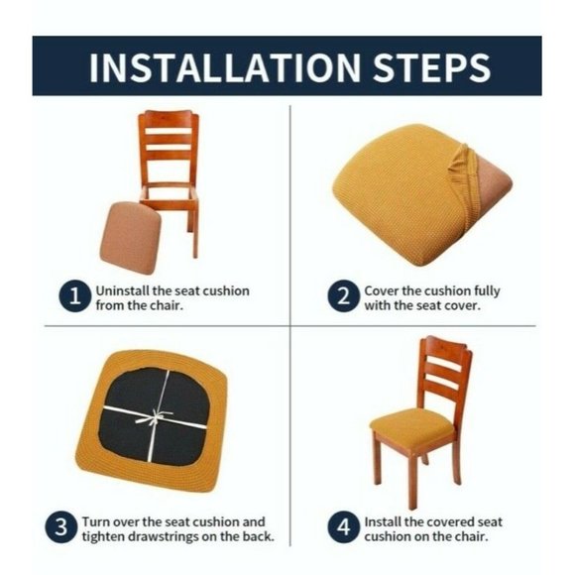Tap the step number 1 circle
coord(75,297)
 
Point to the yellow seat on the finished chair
coord(413,426)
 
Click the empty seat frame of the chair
coord(170,193)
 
